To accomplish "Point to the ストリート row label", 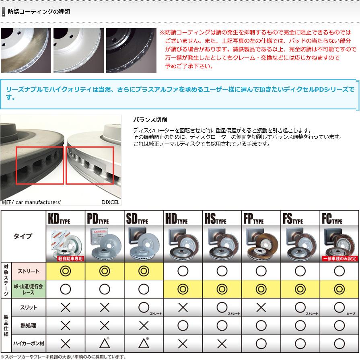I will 29,271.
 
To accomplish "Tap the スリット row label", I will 29,307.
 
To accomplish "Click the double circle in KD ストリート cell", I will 65,271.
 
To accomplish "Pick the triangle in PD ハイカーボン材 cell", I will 104,344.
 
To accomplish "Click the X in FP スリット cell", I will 261,308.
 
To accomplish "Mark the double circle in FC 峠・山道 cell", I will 339,289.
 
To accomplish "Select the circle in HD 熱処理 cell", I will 183,325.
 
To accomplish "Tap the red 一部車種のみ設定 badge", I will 339,259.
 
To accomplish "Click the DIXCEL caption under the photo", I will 110,202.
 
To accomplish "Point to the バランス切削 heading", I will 150,120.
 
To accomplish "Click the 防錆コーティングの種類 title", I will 39,12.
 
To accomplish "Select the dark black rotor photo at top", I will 131,51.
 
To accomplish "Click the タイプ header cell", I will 23,236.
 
